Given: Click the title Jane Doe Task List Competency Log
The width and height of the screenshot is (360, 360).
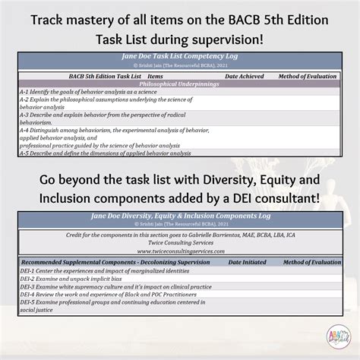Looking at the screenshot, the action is coord(179,56).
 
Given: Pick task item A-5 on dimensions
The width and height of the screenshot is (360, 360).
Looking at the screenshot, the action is coord(106,153).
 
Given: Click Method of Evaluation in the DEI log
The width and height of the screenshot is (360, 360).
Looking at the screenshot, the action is coord(308,261).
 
